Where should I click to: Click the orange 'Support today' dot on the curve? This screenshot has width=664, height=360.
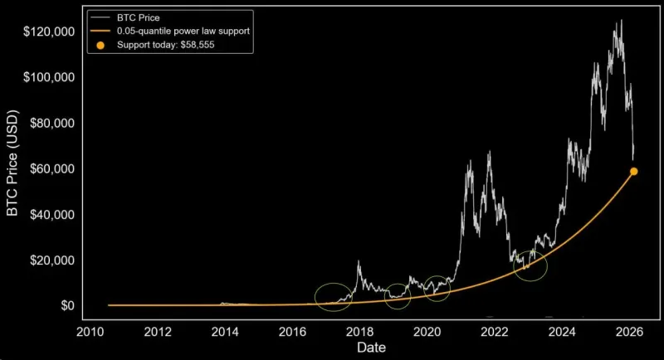point(634,171)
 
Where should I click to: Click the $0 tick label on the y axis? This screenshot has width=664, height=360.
point(67,305)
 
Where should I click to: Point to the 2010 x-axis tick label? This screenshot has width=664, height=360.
point(90,332)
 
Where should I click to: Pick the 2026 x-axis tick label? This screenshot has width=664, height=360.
point(630,332)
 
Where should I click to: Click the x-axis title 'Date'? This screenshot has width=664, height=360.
point(371,348)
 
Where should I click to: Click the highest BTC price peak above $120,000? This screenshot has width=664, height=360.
point(620,21)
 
